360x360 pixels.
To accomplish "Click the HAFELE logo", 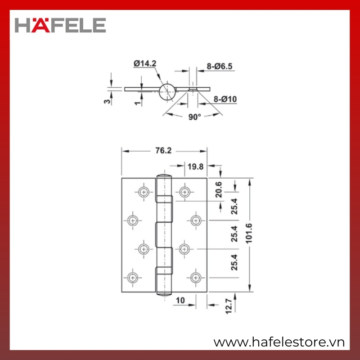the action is (60, 25).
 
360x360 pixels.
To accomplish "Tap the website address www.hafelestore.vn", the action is (279, 342).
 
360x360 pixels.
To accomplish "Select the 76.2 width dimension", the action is (163, 150).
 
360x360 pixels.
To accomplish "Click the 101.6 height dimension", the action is (249, 233).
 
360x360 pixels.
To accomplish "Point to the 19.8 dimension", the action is (195, 166).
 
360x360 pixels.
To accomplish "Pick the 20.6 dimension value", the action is (219, 189).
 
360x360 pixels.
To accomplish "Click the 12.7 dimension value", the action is (229, 306).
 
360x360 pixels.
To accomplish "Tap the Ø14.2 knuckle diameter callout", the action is (145, 63).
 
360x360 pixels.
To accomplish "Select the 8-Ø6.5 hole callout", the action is (220, 66).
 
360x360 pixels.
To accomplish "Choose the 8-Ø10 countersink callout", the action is (225, 99).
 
